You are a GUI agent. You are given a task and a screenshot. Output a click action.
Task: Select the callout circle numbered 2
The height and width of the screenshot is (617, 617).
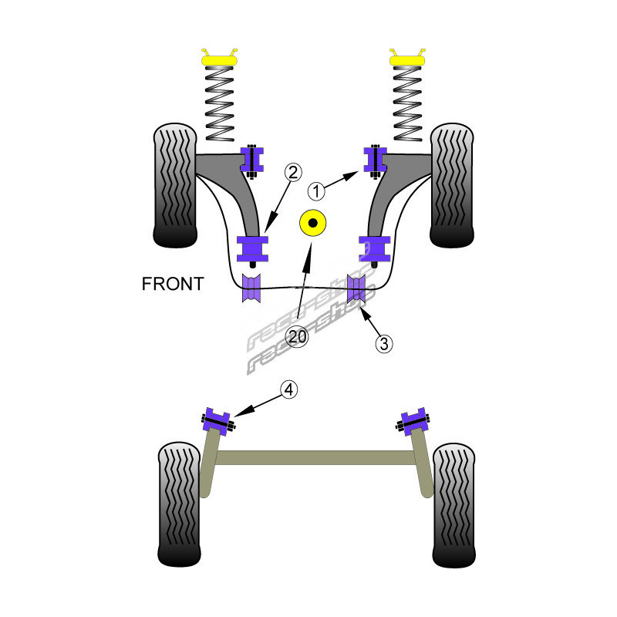[292, 172]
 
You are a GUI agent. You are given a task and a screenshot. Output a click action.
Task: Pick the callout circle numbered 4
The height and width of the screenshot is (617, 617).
[288, 390]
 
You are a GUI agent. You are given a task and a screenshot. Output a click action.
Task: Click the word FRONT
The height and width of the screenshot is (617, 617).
[172, 284]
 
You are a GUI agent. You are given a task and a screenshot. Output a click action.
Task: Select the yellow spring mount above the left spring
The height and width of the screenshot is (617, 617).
[219, 57]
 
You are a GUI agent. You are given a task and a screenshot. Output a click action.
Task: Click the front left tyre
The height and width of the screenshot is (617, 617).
[177, 185]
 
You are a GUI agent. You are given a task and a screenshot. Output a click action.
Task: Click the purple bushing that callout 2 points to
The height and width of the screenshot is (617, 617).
[253, 248]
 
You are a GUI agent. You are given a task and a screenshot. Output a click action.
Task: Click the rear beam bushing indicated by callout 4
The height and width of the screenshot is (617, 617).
[217, 420]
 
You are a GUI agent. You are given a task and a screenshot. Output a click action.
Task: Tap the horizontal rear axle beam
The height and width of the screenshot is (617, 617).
[316, 457]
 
